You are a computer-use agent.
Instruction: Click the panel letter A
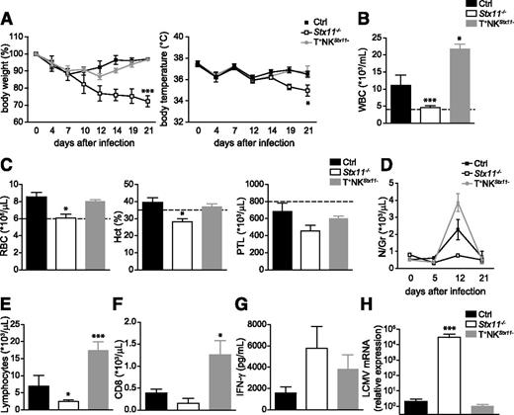(7, 8)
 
